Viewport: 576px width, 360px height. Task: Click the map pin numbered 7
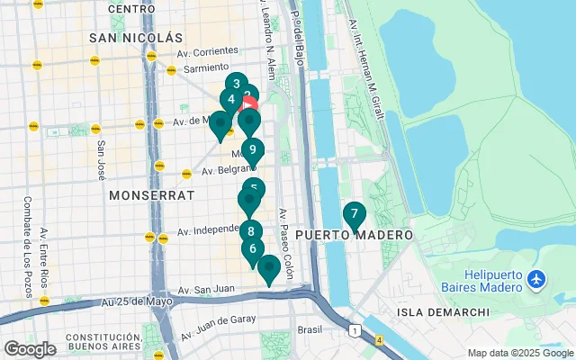(354, 215)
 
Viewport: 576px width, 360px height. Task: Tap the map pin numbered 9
(253, 150)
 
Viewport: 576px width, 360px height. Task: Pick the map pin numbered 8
(251, 230)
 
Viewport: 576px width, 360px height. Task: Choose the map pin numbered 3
(236, 85)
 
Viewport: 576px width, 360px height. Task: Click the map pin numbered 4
(231, 100)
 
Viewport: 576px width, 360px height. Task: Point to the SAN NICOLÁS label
(136, 38)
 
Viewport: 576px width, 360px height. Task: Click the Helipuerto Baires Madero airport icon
(537, 280)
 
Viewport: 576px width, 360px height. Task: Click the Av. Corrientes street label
(208, 52)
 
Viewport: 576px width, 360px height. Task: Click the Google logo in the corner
(30, 349)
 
